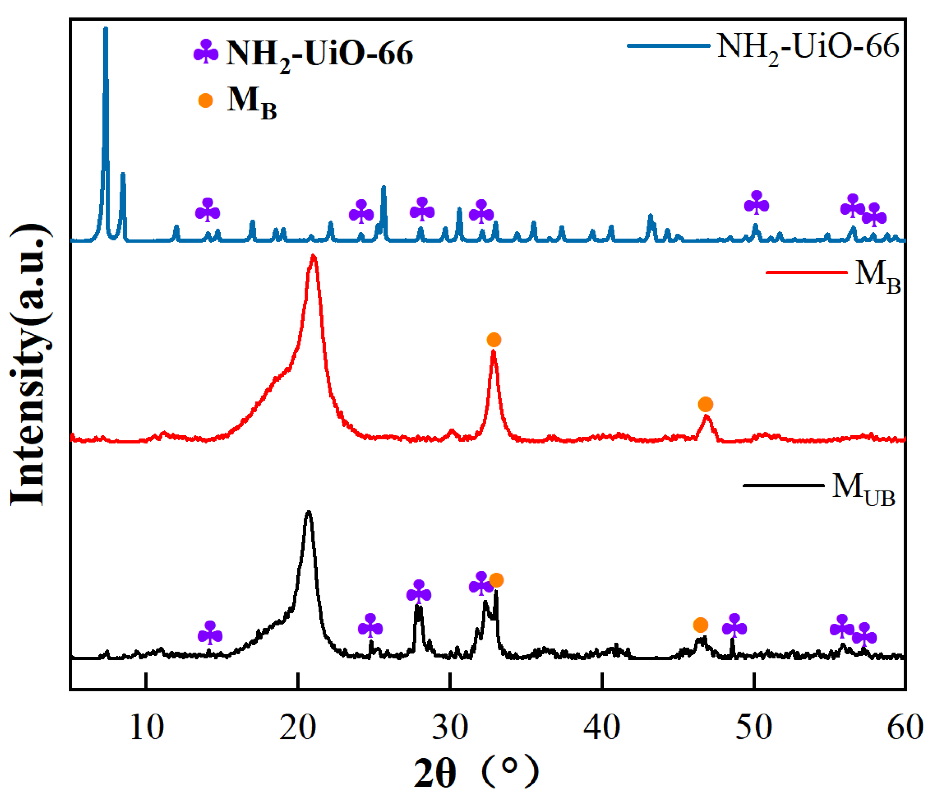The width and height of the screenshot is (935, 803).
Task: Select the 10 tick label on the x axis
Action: pyautogui.click(x=146, y=728)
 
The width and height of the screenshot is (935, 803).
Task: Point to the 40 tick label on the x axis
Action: pyautogui.click(x=601, y=728)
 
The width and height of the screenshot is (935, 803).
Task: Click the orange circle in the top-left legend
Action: pyautogui.click(x=206, y=100)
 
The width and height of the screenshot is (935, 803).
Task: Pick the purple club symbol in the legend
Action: pyautogui.click(x=206, y=52)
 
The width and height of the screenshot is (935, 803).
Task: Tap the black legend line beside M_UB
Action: pyautogui.click(x=783, y=485)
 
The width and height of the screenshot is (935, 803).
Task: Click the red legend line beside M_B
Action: pyautogui.click(x=806, y=272)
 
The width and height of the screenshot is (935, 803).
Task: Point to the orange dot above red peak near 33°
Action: pyautogui.click(x=494, y=339)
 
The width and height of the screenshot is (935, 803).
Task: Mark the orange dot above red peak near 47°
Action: pyautogui.click(x=705, y=404)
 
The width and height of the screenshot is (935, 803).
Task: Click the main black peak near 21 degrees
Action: pyautogui.click(x=309, y=512)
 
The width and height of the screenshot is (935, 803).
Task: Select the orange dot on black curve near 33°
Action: pyautogui.click(x=496, y=580)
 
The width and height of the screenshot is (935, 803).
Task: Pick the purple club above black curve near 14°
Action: pyautogui.click(x=210, y=633)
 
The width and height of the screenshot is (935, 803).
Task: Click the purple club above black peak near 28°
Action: pyautogui.click(x=419, y=592)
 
